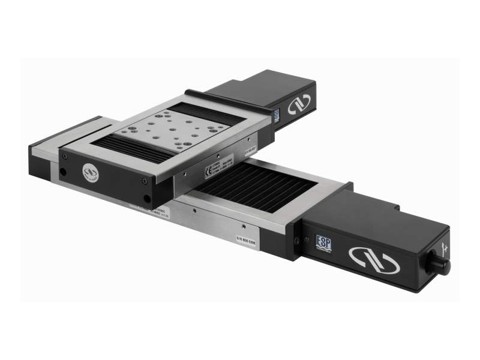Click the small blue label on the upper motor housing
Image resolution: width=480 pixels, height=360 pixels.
(x=277, y=116)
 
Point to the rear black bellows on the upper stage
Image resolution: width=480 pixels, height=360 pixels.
(x=207, y=112)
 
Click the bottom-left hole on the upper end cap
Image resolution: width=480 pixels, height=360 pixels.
(x=62, y=172)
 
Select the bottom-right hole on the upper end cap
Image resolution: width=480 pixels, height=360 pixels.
(x=147, y=199)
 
